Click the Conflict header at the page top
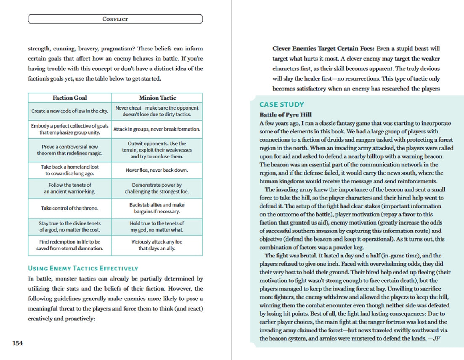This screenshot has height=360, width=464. coord(115,19)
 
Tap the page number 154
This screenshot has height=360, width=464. coord(17,343)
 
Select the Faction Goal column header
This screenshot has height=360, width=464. coord(70,98)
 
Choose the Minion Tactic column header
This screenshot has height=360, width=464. coord(157,98)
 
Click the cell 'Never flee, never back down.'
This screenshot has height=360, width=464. coord(157,170)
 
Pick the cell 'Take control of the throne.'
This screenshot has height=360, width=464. coord(69,208)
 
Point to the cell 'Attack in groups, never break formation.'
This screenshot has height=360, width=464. coord(157,129)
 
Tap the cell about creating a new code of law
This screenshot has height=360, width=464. coord(69,111)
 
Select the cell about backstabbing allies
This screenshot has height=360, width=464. coord(157,208)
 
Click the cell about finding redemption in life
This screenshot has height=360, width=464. coord(69,245)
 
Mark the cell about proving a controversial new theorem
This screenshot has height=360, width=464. coord(69,150)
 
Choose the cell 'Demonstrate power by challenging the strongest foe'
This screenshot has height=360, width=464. coord(157,188)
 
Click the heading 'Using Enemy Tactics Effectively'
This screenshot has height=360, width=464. coord(83,268)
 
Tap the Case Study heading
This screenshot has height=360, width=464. coord(281,105)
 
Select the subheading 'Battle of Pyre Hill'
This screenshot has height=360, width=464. coord(286,115)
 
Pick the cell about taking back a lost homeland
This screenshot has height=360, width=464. coord(69,170)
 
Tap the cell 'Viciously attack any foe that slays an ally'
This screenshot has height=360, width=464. coord(157,245)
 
